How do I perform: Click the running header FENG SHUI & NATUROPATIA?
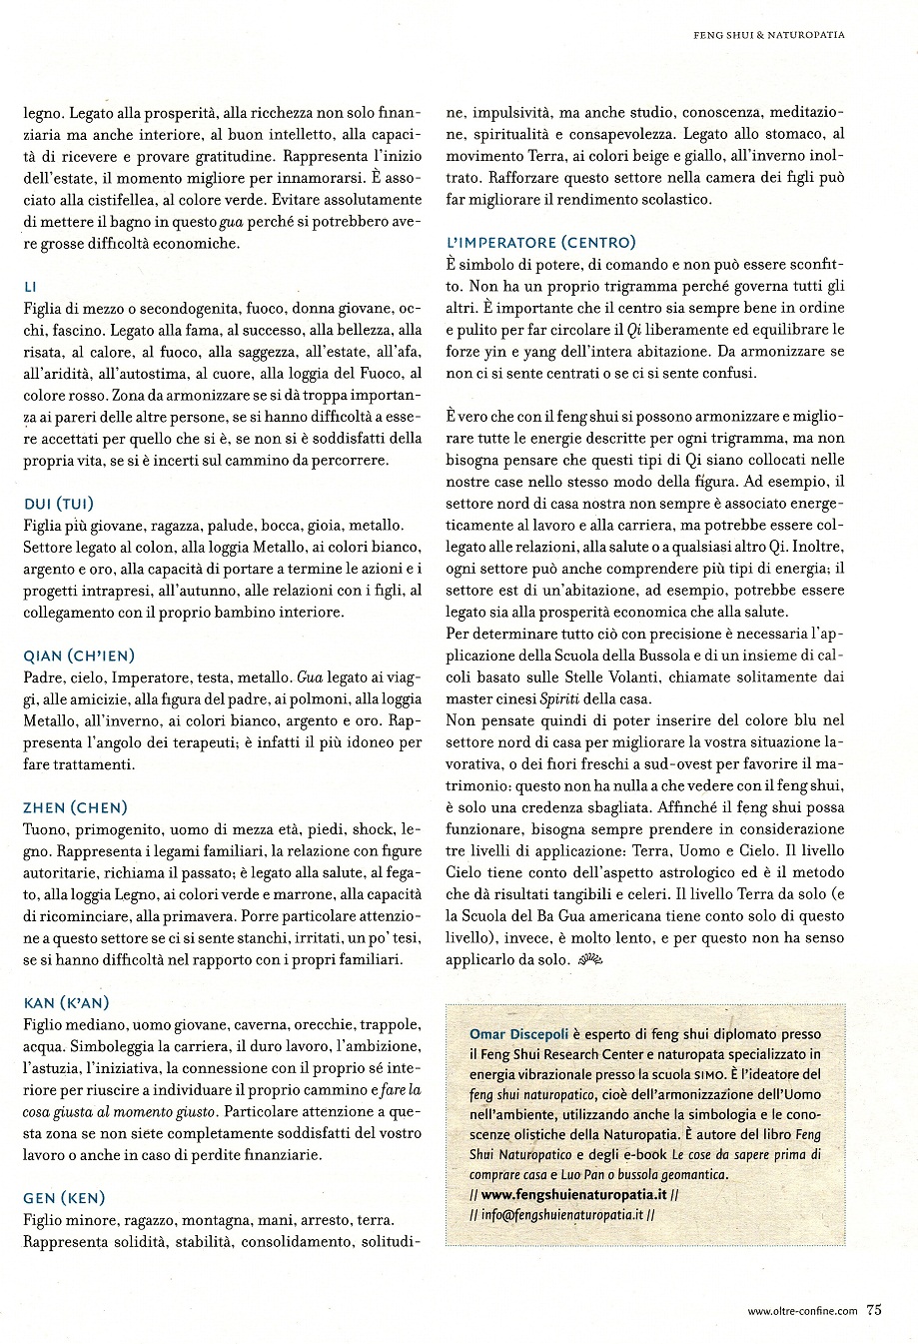(769, 35)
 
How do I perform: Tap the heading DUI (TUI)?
(62, 504)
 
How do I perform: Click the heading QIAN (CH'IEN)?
(77, 656)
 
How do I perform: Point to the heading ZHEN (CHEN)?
(74, 807)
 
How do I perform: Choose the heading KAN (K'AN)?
(65, 1002)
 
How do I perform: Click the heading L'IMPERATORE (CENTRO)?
(540, 243)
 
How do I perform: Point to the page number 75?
(874, 1312)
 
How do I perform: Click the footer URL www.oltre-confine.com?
(802, 1313)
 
